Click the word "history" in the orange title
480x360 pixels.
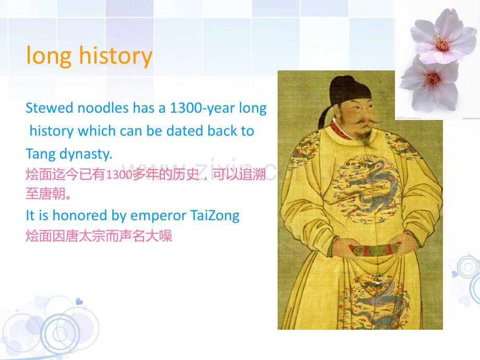(116, 56)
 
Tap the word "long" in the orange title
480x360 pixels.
(49, 56)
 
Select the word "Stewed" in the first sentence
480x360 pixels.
(49, 108)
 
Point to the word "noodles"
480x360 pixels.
(103, 108)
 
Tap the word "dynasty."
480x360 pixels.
(86, 154)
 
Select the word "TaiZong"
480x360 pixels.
(215, 215)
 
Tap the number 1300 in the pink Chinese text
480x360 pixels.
(119, 174)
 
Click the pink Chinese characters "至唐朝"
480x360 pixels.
(45, 194)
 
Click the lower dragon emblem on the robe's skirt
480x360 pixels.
(376, 302)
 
